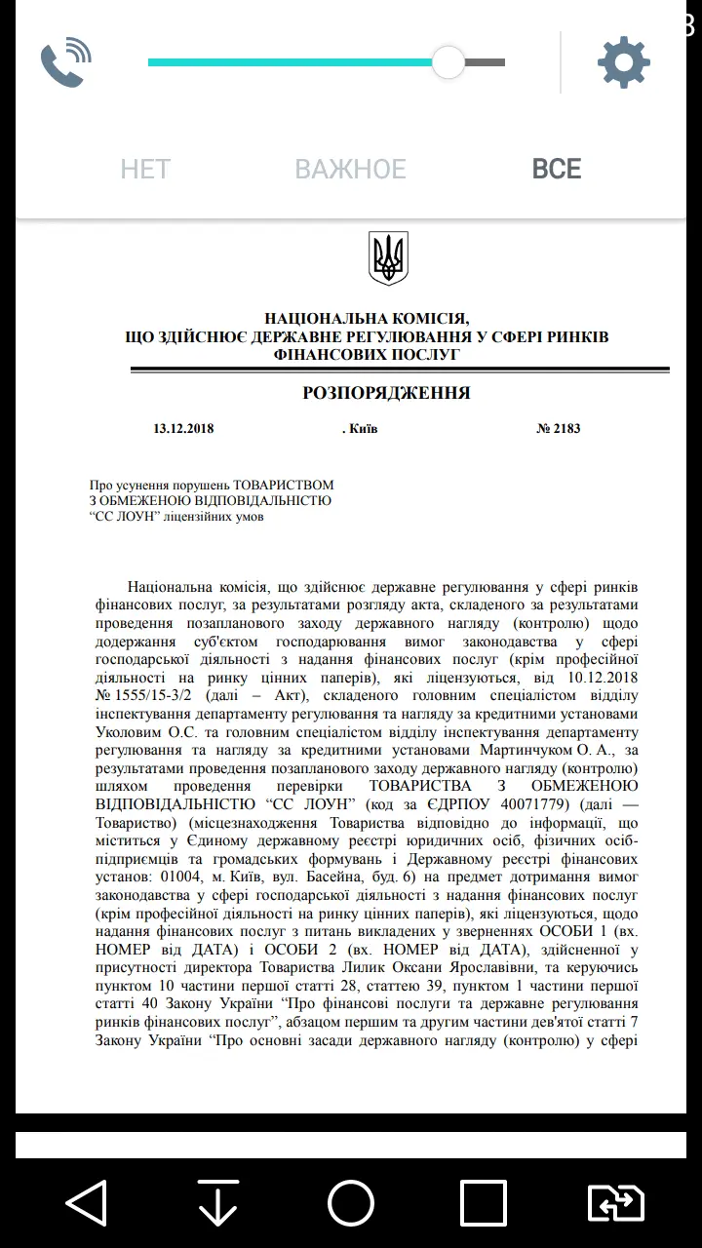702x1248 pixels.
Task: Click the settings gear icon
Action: point(624,63)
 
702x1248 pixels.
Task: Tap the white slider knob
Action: point(448,63)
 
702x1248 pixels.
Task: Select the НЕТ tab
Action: point(145,170)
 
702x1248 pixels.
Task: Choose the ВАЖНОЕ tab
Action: point(350,170)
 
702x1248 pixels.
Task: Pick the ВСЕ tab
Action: point(557,170)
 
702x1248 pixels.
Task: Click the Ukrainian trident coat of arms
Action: point(388,258)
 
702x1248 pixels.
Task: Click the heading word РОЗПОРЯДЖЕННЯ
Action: point(387,394)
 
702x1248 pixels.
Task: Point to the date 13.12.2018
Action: point(183,429)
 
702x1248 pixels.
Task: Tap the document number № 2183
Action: point(559,429)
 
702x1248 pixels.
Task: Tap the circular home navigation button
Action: point(351,1203)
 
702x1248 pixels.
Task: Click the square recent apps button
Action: point(484,1203)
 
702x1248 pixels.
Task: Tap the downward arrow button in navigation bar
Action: point(218,1203)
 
